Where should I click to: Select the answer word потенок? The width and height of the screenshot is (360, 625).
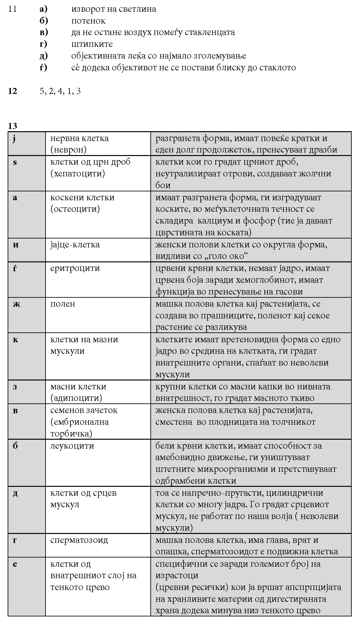(x=88, y=21)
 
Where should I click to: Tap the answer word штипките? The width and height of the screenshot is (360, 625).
(x=92, y=44)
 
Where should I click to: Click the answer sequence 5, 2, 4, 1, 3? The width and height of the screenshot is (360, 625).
(x=60, y=91)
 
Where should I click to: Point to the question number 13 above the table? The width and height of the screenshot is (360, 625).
(x=13, y=126)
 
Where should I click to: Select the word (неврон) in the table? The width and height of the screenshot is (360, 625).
(x=68, y=150)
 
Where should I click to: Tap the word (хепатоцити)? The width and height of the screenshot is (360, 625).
(x=77, y=174)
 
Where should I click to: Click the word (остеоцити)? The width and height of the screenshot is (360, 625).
(x=75, y=209)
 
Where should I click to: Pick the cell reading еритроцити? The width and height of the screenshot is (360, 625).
(x=75, y=268)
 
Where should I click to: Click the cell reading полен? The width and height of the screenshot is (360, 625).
(x=63, y=304)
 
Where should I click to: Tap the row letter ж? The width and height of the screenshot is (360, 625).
(x=16, y=304)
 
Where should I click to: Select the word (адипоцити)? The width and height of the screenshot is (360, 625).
(x=76, y=398)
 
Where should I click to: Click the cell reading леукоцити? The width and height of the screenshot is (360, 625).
(x=72, y=446)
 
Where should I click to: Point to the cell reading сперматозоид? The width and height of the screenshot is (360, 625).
(x=79, y=540)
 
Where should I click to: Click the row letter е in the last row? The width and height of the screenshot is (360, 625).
(x=15, y=564)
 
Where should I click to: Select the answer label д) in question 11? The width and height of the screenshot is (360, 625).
(x=44, y=56)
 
